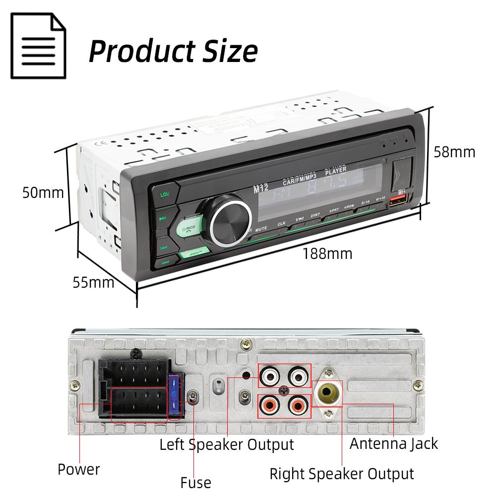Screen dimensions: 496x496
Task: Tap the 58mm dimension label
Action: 454,151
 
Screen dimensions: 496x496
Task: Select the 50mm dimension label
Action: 43,192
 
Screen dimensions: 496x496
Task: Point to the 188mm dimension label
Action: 327,254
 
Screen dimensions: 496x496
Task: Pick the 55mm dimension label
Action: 93,282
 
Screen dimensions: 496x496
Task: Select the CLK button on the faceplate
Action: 282,224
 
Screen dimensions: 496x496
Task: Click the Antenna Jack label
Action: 393,443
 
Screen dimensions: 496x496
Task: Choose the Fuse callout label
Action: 195,482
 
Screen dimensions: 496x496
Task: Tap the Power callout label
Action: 78,469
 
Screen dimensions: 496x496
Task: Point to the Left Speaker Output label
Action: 227,444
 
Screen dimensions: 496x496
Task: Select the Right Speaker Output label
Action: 341,474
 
